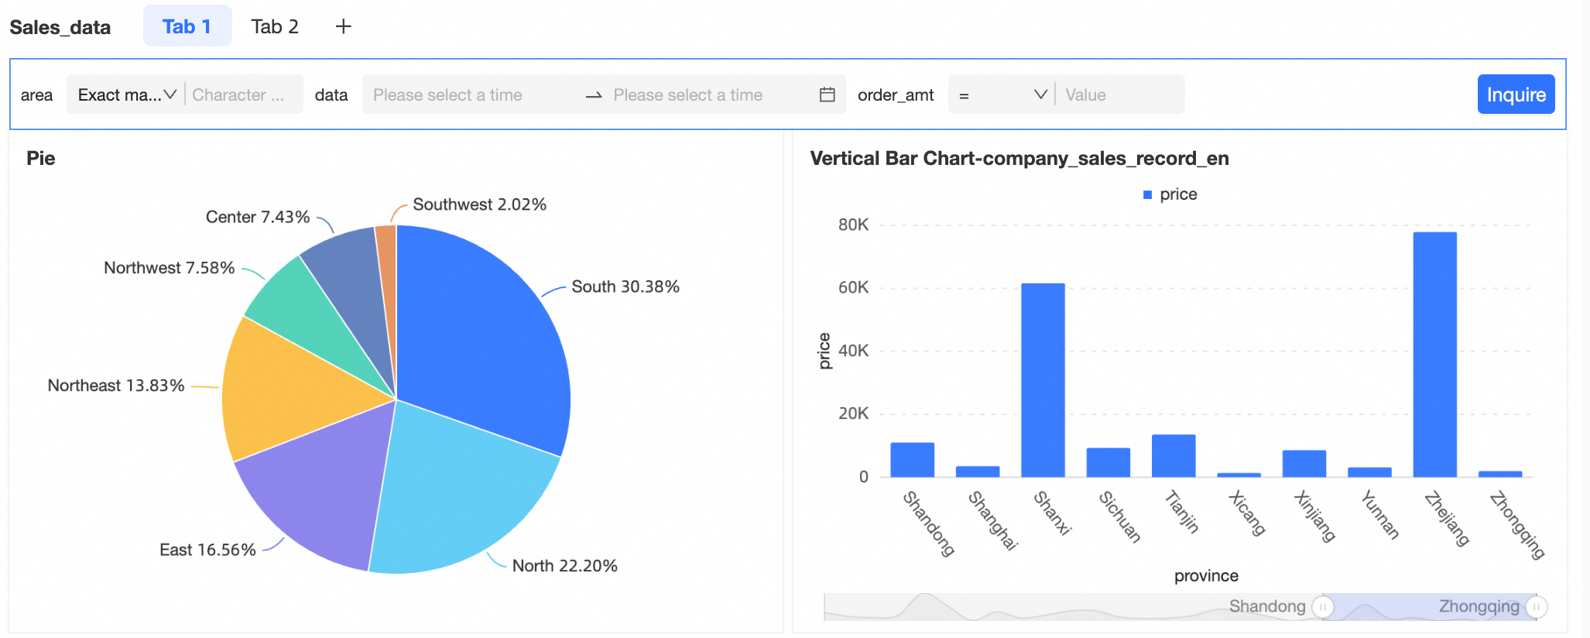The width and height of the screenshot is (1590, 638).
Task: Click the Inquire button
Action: point(1515,94)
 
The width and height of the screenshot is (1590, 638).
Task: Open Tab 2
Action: point(275,26)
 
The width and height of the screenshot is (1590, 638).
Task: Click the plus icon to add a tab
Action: point(343,26)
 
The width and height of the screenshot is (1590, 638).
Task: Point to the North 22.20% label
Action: point(564,566)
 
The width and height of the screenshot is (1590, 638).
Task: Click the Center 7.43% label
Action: point(258,217)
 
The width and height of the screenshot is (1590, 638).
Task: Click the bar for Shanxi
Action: point(1043,379)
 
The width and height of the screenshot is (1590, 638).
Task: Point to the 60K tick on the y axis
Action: point(853,287)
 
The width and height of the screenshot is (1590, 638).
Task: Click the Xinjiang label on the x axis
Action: point(1315,516)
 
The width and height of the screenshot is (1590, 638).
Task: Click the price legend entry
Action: point(1170,194)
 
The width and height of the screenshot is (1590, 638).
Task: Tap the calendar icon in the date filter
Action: point(827,94)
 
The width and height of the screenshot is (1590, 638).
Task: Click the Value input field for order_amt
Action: point(1119,94)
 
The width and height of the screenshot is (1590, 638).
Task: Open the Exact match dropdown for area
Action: point(126,94)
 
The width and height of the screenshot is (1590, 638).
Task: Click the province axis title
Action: point(1205,576)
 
